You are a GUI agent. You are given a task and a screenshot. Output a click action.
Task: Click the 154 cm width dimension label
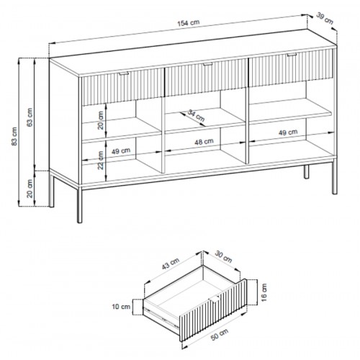189,23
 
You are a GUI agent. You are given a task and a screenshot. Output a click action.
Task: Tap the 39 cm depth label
325,19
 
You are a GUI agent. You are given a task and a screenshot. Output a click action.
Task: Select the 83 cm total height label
14,136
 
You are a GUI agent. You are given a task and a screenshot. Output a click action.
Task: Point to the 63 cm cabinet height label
30,117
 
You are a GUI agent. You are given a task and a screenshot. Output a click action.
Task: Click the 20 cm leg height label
30,189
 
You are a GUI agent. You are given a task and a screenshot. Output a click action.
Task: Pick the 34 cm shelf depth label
196,115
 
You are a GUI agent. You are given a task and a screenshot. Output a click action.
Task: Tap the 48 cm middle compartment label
204,142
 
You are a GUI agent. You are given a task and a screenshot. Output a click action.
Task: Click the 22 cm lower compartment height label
101,160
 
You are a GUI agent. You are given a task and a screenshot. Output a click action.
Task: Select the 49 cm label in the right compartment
288,132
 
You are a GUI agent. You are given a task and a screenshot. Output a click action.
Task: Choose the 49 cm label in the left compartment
121,151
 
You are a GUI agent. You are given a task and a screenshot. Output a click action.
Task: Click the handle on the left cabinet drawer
124,73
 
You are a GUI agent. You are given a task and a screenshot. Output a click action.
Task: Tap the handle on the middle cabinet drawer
208,64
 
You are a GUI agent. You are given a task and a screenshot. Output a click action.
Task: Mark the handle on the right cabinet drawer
292,55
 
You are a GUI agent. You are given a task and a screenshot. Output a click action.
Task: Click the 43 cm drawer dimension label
171,264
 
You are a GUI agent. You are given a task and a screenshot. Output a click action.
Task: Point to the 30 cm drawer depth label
223,257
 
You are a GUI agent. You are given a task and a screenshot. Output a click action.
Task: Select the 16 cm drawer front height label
264,292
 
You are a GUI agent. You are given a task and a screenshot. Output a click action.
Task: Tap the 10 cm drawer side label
121,307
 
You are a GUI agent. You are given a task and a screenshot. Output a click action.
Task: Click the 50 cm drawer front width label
220,334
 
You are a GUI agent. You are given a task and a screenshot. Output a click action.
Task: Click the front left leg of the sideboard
79,206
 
